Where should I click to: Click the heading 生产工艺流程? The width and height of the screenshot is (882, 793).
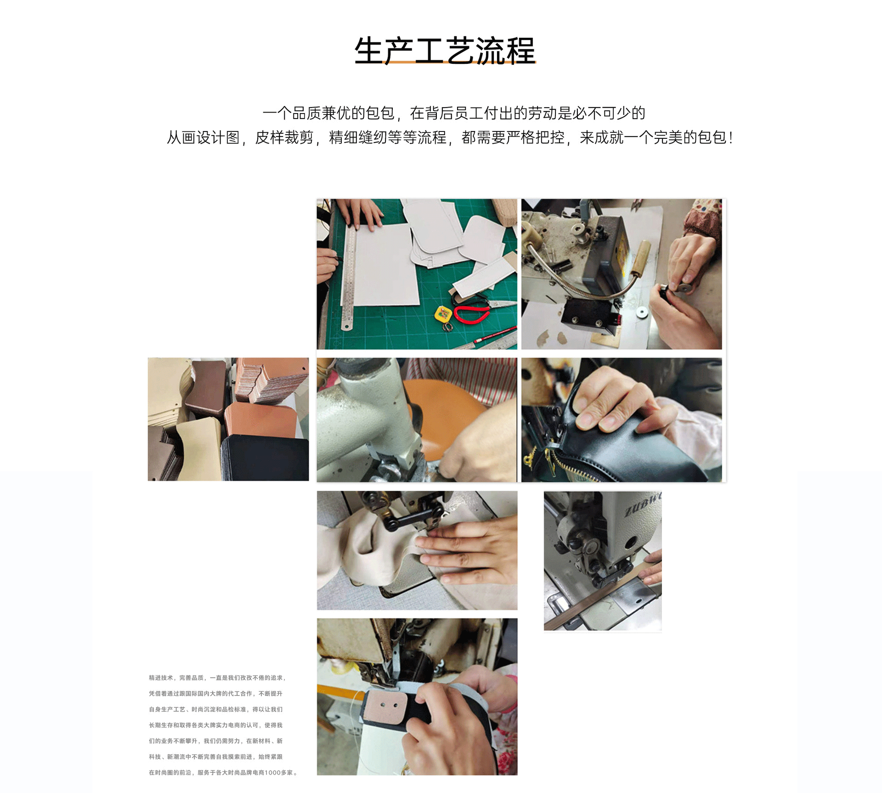445,50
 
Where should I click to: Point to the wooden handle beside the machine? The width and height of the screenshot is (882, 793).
639,257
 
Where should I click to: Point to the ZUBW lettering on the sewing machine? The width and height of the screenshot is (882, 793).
643,504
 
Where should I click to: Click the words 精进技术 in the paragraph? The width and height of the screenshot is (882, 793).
161,678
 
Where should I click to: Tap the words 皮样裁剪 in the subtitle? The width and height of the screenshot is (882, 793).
284,137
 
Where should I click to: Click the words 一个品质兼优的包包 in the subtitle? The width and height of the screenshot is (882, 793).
328,113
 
